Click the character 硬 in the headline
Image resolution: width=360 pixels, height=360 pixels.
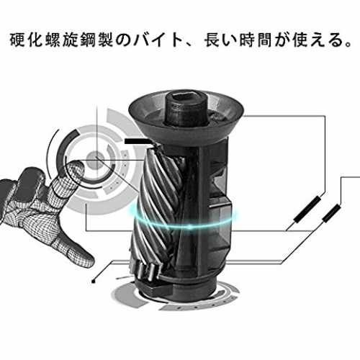[17, 40]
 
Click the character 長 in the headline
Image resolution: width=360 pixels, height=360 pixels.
[212, 40]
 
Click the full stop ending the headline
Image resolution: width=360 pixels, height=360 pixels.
[348, 45]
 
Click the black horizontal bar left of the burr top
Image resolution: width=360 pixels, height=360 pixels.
[135, 141]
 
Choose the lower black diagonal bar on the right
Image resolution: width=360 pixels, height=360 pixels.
[331, 213]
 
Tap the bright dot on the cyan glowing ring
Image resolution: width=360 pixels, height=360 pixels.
[189, 226]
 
